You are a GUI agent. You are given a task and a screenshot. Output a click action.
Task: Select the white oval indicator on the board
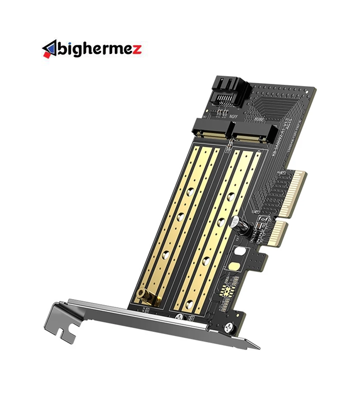pyautogui.click(x=239, y=254)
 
